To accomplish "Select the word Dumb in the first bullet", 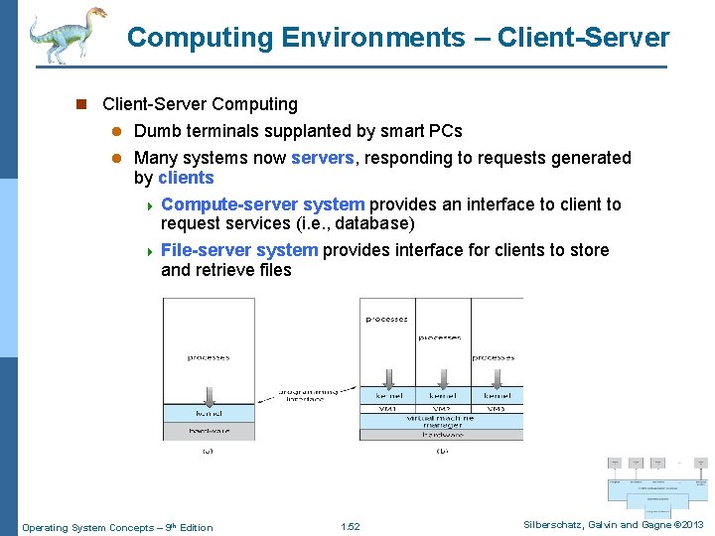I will [157, 131].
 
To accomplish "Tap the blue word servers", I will [323, 158].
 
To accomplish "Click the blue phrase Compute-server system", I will [262, 204].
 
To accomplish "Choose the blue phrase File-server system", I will [239, 250].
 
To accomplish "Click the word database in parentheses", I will [373, 223].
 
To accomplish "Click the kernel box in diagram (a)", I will [209, 413].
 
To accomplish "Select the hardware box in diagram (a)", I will [209, 431].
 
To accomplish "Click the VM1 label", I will [387, 408].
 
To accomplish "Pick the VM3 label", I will [496, 408].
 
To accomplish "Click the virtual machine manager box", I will [441, 421].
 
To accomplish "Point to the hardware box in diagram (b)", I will [441, 435].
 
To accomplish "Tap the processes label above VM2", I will [440, 337].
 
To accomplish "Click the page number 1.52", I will [350, 527].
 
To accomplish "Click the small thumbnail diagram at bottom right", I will [658, 481].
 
